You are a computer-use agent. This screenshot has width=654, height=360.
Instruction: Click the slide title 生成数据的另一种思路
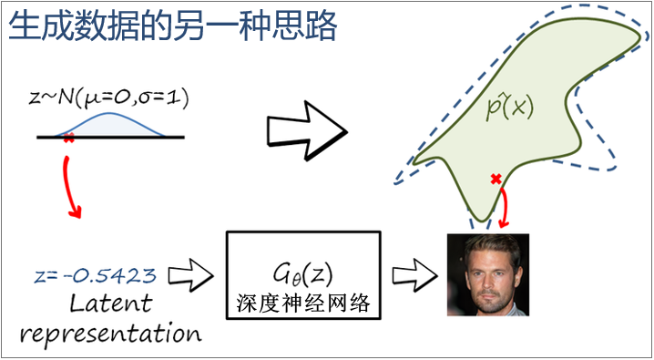pyautogui.click(x=172, y=26)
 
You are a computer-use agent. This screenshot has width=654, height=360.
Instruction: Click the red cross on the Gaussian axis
pyautogui.click(x=69, y=138)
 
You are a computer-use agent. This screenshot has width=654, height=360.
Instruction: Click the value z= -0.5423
pyautogui.click(x=95, y=275)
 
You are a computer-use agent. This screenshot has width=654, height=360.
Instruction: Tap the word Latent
pyautogui.click(x=109, y=303)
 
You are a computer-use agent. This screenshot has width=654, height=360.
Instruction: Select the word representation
pyautogui.click(x=111, y=333)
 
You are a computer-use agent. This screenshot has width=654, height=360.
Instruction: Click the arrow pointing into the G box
pyautogui.click(x=190, y=275)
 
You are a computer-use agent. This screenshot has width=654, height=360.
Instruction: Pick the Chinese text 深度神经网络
pyautogui.click(x=302, y=304)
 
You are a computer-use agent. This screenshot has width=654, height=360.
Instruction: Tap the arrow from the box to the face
pyautogui.click(x=415, y=275)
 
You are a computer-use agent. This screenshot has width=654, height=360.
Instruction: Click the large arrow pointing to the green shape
pyautogui.click(x=307, y=130)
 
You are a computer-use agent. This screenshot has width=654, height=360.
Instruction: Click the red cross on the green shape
pyautogui.click(x=496, y=180)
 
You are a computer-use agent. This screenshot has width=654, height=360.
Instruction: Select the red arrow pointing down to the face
pyautogui.click(x=506, y=207)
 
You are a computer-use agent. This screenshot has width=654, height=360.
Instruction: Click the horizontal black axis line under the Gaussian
pyautogui.click(x=110, y=137)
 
